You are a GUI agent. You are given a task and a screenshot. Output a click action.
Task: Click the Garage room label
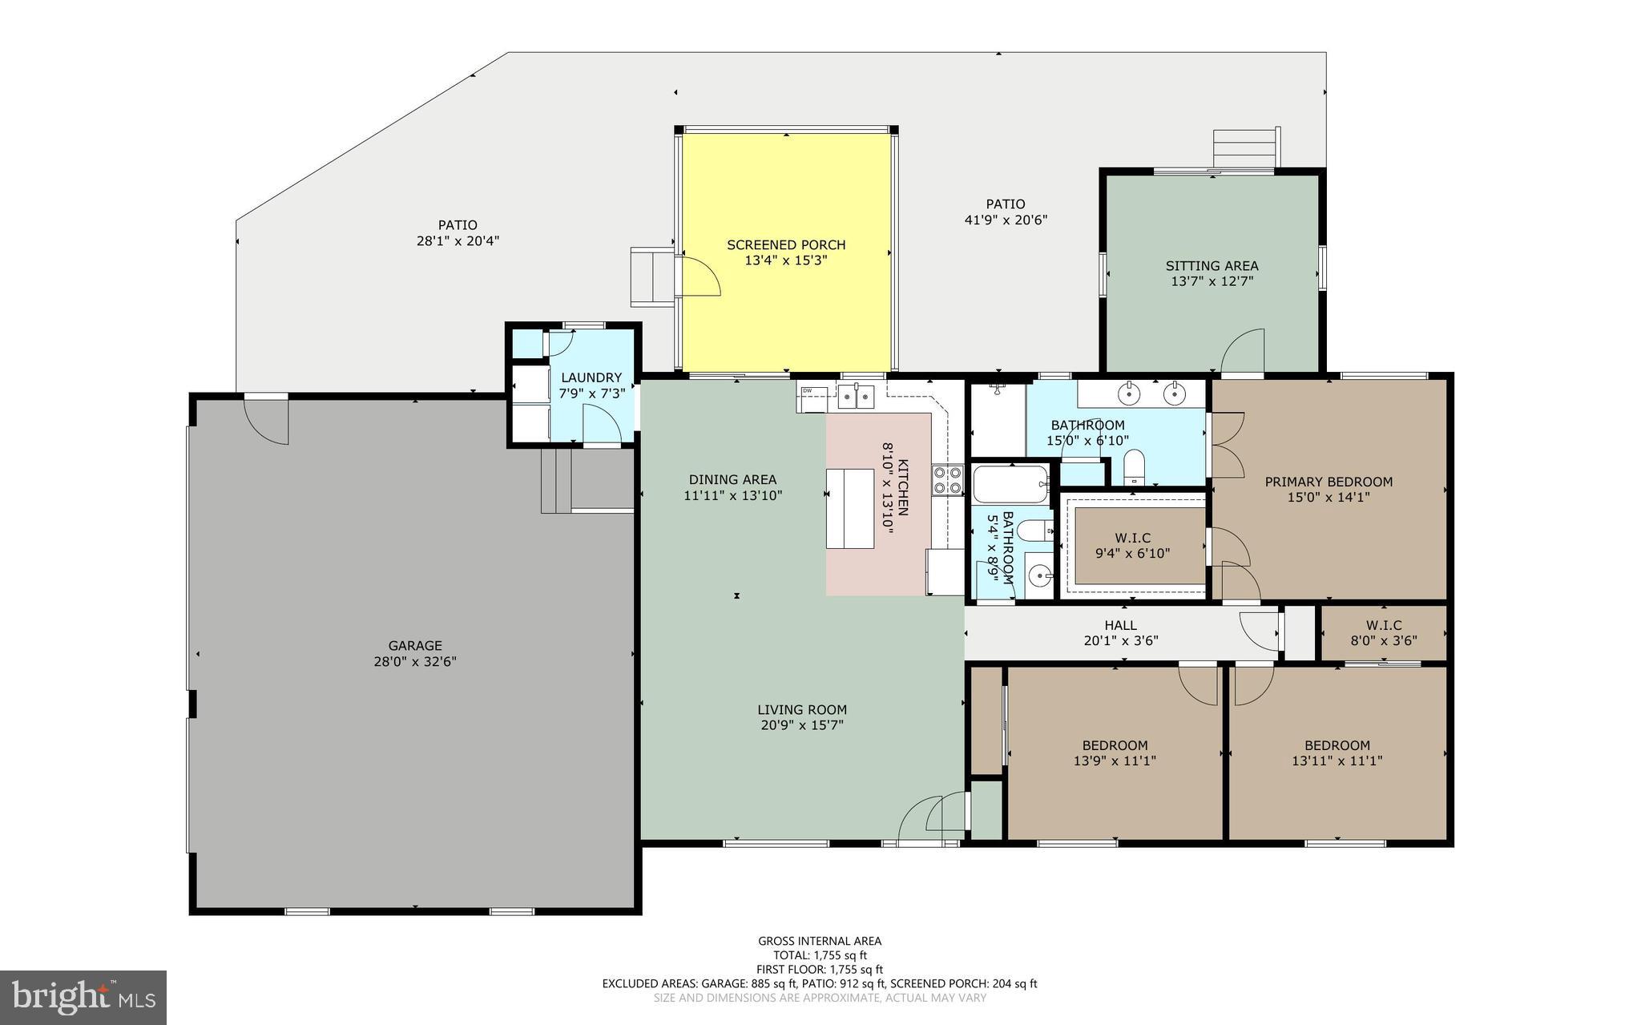click(415, 645)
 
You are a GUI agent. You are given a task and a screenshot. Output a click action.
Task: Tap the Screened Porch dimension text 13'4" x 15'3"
click(786, 260)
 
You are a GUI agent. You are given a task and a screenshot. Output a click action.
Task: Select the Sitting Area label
click(1212, 265)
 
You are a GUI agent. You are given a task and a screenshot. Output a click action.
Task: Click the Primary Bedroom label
click(1328, 482)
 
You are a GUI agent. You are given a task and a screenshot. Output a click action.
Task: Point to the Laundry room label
click(591, 377)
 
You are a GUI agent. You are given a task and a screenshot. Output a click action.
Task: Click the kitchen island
click(850, 508)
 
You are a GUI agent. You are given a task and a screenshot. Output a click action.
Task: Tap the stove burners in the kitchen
click(947, 479)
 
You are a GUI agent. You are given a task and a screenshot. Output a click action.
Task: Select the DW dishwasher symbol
click(807, 391)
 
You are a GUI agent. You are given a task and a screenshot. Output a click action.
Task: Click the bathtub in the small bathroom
click(1010, 484)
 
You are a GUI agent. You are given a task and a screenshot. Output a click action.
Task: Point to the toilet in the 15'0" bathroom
click(1133, 466)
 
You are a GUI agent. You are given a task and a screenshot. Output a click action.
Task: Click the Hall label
click(1120, 625)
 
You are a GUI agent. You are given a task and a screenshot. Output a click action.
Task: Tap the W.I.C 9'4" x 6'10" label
click(1133, 538)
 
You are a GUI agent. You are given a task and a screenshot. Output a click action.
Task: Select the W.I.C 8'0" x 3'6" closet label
click(1384, 625)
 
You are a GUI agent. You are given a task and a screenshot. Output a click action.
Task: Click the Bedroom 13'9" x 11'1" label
click(1115, 745)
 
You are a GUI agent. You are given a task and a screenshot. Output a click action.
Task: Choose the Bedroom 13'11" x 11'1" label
click(1337, 745)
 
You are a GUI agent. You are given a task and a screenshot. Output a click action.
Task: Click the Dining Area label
click(732, 480)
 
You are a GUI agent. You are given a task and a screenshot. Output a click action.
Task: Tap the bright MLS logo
click(83, 997)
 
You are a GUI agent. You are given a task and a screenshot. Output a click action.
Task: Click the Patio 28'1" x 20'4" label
click(458, 225)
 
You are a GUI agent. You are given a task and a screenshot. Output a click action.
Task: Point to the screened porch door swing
click(701, 276)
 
